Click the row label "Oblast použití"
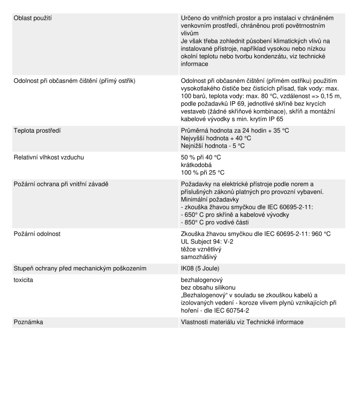point(36,19)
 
